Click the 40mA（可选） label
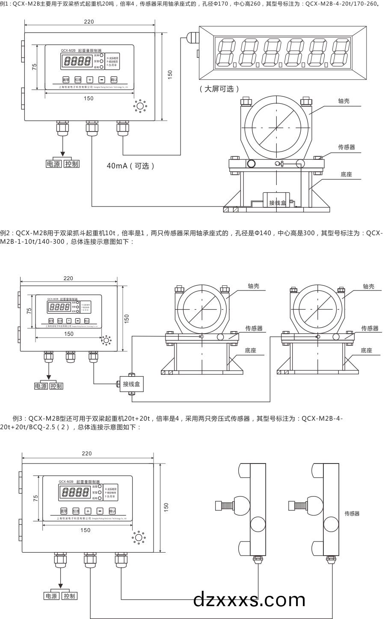(130, 166)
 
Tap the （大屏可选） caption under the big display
(219, 89)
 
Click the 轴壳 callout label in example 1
(344, 101)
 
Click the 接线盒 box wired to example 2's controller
(131, 384)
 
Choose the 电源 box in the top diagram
(54, 164)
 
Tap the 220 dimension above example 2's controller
(68, 278)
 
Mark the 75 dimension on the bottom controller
(36, 498)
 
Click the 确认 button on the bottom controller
(112, 511)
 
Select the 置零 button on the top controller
(65, 80)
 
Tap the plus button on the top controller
(90, 80)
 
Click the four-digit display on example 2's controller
(60, 307)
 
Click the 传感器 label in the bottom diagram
(352, 514)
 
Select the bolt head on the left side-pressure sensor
(222, 505)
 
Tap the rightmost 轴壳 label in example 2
(368, 287)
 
